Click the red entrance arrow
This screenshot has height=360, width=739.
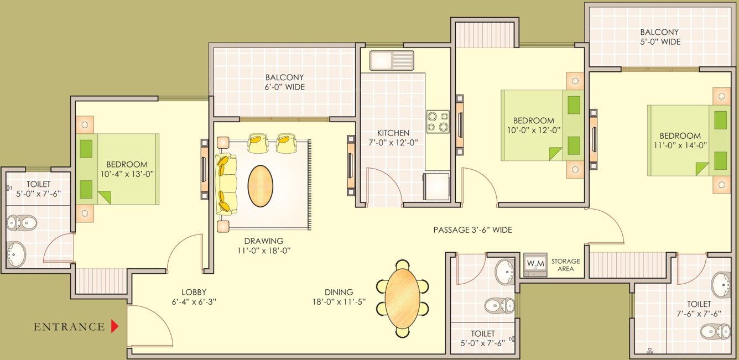pyautogui.click(x=115, y=326)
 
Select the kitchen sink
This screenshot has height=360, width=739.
pyautogui.click(x=392, y=60)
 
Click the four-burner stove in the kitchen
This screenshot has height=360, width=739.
pyautogui.click(x=438, y=122)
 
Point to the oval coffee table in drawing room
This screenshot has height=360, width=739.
pyautogui.click(x=260, y=186)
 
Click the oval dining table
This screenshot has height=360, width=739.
pyautogui.click(x=402, y=299)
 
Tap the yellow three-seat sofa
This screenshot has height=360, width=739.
pyautogui.click(x=225, y=185)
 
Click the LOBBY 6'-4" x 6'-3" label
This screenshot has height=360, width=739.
pyautogui.click(x=194, y=297)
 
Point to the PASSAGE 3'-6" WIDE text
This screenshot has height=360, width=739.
pyautogui.click(x=472, y=229)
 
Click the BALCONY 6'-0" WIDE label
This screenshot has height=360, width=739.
pyautogui.click(x=284, y=82)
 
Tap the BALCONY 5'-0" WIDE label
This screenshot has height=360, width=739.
pyautogui.click(x=659, y=37)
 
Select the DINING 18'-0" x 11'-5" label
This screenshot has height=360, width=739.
pyautogui.click(x=339, y=297)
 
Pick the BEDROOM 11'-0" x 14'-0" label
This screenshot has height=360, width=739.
pyautogui.click(x=680, y=140)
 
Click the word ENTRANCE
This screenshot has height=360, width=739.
pyautogui.click(x=69, y=327)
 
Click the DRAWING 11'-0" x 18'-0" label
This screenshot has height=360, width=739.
pyautogui.click(x=264, y=246)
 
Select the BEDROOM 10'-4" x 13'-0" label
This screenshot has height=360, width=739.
pyautogui.click(x=127, y=169)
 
